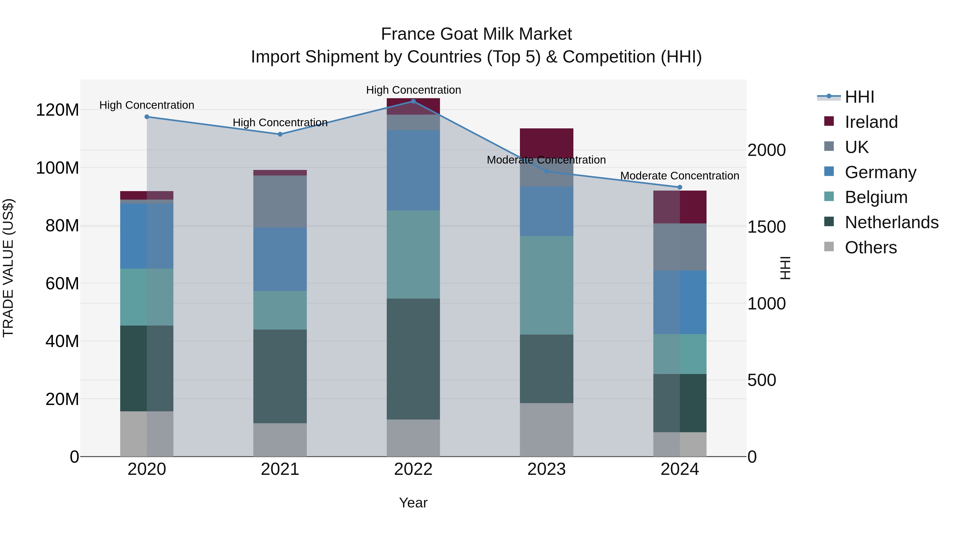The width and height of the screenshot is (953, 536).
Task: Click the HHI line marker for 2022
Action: point(413,101)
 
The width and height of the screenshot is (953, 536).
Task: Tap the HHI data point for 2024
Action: point(680,187)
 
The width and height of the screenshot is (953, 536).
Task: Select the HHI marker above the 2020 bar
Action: point(147,117)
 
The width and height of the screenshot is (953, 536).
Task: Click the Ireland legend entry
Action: point(871,122)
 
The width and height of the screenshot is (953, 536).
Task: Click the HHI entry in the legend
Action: point(859,97)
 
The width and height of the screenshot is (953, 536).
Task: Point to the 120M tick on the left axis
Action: point(57,110)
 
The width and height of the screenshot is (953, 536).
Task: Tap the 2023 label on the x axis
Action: point(546,469)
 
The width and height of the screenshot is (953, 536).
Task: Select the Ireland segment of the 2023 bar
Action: point(546,143)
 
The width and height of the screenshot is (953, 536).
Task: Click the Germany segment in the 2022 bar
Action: point(413,170)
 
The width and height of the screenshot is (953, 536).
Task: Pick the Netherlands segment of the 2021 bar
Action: point(280,376)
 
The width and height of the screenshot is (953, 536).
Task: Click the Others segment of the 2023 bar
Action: point(546,430)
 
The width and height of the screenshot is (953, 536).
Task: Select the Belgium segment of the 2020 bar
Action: point(147,297)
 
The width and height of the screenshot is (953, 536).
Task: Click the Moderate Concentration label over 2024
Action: point(680,176)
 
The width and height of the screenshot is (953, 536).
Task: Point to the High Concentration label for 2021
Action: point(280,123)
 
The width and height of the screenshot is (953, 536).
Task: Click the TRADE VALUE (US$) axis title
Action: point(8,268)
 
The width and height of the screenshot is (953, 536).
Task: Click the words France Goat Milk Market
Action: point(476,34)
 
